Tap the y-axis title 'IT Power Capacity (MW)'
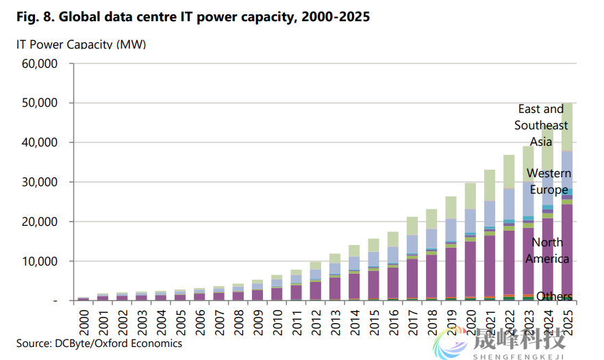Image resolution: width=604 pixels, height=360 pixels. point(81,44)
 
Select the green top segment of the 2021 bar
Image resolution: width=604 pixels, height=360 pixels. point(490,185)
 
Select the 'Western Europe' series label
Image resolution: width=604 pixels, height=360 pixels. point(549,181)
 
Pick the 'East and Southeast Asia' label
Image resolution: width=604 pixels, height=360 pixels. point(542,125)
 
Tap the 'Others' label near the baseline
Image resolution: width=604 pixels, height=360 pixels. point(554,296)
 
